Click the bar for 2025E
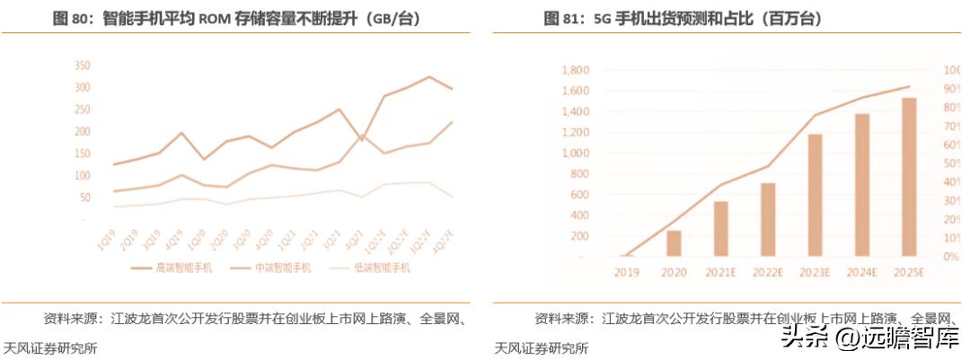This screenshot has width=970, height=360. pyautogui.click(x=909, y=177)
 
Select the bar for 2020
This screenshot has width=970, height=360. pyautogui.click(x=674, y=243)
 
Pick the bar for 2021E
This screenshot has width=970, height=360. pyautogui.click(x=720, y=229)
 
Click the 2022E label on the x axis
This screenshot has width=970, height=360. pyautogui.click(x=768, y=271)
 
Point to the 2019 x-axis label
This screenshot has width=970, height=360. pyautogui.click(x=627, y=271)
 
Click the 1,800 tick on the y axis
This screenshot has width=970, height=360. pyautogui.click(x=575, y=70)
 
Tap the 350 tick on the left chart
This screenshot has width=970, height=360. pyautogui.click(x=82, y=66)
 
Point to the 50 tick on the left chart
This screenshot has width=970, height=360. pyautogui.click(x=84, y=197)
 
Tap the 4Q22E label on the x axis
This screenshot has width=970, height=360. pyautogui.click(x=442, y=241)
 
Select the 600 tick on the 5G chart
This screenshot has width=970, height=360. pyautogui.click(x=579, y=195)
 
